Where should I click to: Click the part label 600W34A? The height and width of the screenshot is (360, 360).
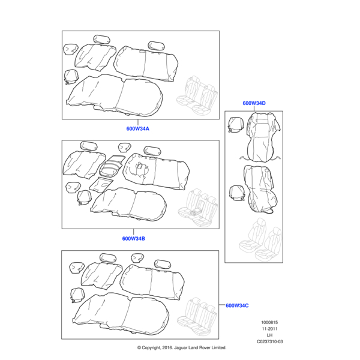click(x=137, y=128)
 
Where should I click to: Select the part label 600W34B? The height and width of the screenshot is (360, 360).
click(x=134, y=238)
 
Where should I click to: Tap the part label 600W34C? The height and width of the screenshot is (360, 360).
click(x=237, y=305)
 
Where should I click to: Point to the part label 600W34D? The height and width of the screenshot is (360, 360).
click(x=254, y=103)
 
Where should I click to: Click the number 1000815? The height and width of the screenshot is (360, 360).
click(x=269, y=322)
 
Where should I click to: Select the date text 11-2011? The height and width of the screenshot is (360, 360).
click(x=269, y=329)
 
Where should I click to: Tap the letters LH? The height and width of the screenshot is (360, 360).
click(x=269, y=335)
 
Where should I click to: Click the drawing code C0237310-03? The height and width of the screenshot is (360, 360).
click(x=269, y=342)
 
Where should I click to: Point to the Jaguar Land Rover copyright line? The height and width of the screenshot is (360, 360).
click(x=181, y=347)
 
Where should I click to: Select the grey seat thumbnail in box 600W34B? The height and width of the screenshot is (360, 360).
click(x=198, y=206)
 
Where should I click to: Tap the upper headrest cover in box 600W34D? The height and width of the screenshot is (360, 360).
click(x=235, y=124)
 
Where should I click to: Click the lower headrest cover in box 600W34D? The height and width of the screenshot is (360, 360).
click(x=236, y=191)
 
